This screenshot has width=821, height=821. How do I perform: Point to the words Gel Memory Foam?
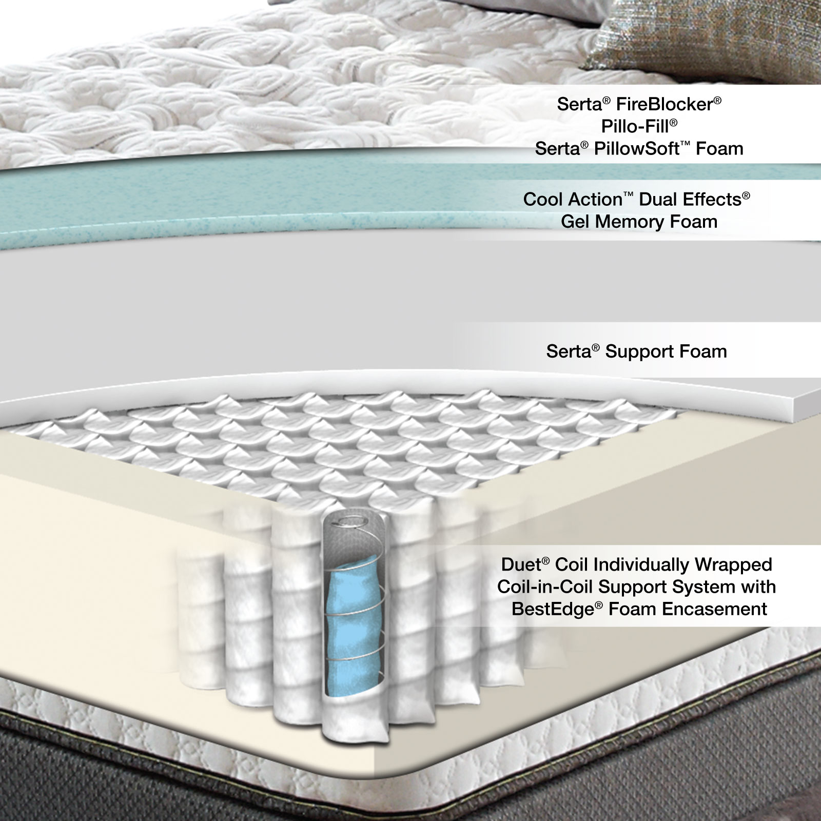pos(639,222)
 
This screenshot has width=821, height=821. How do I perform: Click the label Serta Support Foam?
pos(636,351)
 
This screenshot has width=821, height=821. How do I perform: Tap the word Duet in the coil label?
pos(521,564)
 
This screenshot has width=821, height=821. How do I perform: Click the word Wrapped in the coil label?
pos(734,564)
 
